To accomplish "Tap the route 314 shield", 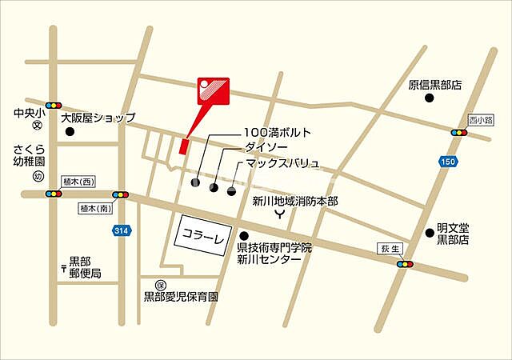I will [121, 230].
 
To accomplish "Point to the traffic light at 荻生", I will [406, 264].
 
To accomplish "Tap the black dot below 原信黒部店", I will [429, 98].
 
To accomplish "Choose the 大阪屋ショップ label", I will [98, 117].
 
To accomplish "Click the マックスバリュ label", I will [282, 163].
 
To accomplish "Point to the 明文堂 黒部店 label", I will [452, 233].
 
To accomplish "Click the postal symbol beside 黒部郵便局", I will [62, 266].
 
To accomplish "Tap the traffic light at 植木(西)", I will [53, 194].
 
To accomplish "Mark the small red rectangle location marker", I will [183, 146].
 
